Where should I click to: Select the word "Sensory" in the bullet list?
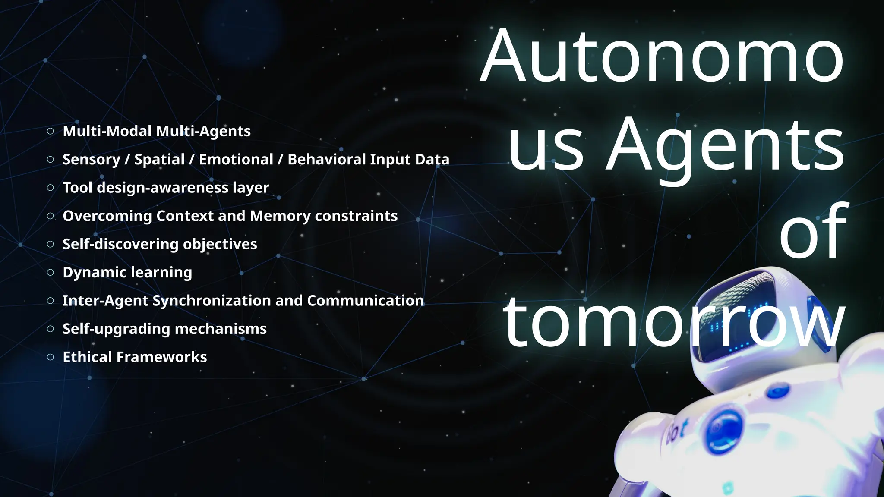[91, 160]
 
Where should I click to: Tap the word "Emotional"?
[236, 160]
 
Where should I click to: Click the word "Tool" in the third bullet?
[77, 188]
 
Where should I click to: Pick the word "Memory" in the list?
[280, 216]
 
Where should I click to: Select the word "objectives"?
[220, 244]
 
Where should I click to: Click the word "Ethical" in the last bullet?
[87, 357]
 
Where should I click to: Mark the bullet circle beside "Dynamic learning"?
[51, 273]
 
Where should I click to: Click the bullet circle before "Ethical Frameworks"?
[51, 357]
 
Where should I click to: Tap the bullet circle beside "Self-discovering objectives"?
[51, 244]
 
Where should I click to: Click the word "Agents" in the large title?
[725, 145]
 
